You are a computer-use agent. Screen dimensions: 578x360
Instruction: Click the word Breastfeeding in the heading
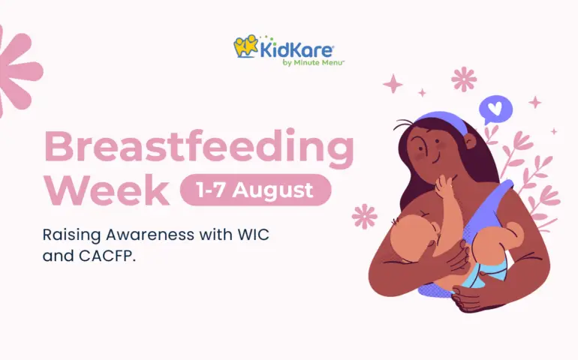199,148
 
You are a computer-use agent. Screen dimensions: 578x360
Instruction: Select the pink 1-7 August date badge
255,190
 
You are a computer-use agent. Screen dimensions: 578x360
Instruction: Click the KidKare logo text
297,50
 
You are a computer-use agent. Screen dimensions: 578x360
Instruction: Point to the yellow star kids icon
246,46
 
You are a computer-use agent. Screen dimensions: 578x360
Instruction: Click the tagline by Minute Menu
313,63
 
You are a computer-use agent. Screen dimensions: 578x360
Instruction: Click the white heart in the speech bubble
495,108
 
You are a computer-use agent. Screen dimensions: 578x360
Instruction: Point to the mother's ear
470,141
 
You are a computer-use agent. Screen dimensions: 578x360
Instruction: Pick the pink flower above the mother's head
464,79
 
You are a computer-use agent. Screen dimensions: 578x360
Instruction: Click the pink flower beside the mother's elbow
364,216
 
